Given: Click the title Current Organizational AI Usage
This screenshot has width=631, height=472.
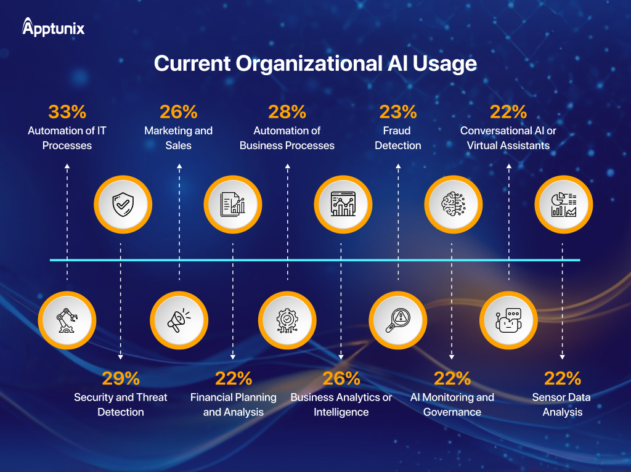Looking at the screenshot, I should [x=315, y=63].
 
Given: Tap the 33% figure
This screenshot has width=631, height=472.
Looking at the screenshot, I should [x=67, y=112].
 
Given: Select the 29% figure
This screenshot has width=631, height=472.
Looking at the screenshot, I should [x=121, y=378].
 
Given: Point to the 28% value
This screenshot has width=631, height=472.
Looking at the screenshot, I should [x=287, y=112].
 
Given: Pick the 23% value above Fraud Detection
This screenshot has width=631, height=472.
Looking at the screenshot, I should [x=398, y=112].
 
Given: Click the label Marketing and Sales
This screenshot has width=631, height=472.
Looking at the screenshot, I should [x=179, y=138].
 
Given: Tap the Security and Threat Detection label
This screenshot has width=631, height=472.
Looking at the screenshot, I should [x=121, y=404].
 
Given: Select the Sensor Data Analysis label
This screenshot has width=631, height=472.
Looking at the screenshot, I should [x=562, y=404].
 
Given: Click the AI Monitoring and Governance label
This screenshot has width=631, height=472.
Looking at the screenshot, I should [x=452, y=404].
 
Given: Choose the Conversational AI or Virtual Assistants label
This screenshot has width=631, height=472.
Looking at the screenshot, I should [x=508, y=138].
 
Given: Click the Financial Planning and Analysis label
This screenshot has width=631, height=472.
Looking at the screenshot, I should [x=234, y=404].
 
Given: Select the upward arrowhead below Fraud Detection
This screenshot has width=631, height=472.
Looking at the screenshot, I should [x=398, y=166].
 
